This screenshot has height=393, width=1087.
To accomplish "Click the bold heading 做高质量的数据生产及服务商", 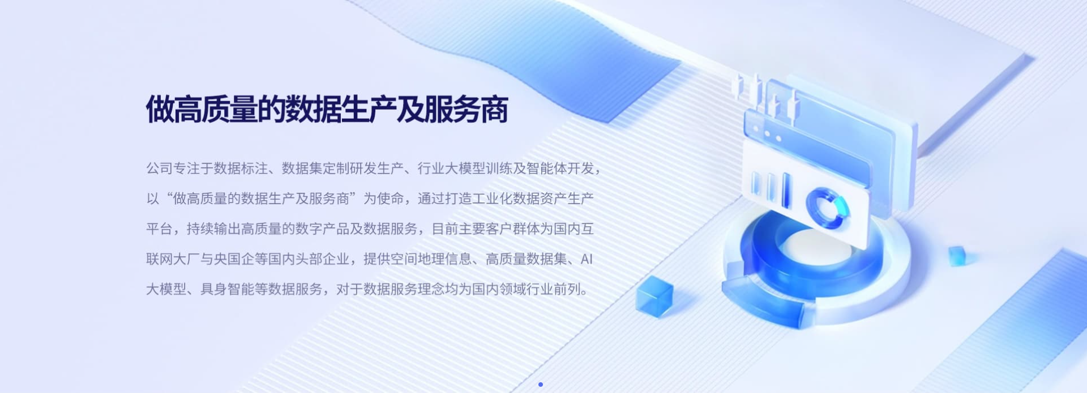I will (x=327, y=109).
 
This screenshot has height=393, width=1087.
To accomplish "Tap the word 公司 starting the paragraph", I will (x=159, y=169).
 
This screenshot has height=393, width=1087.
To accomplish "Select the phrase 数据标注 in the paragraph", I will (x=241, y=169).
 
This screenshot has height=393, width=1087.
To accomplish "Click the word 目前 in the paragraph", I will (x=445, y=229).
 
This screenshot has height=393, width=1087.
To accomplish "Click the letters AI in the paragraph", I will (x=587, y=259).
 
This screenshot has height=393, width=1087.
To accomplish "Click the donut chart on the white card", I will (x=828, y=208).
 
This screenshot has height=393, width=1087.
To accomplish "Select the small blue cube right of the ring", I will (x=957, y=256).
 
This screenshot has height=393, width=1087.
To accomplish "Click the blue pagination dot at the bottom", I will (x=541, y=385).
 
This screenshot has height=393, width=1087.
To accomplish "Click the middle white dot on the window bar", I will (x=768, y=134).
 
